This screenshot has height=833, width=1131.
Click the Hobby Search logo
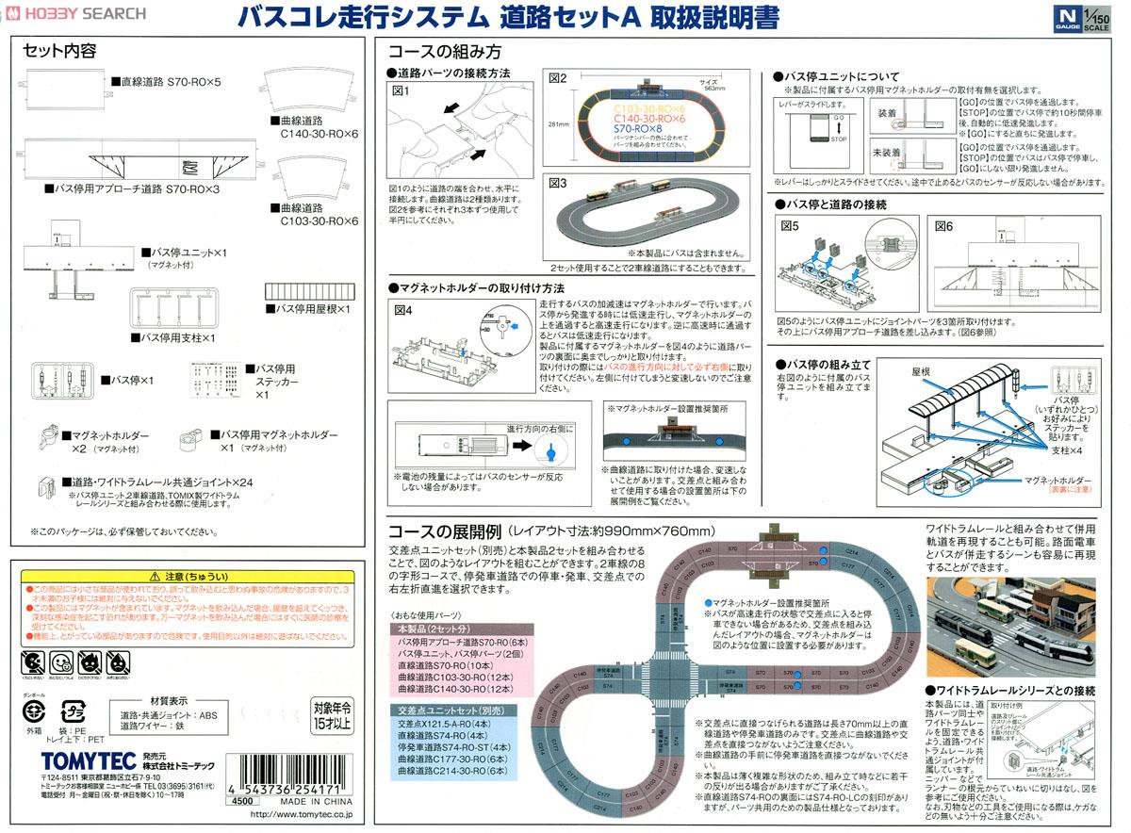pyautogui.click(x=75, y=13)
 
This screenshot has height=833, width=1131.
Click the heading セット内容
pyautogui.click(x=59, y=50)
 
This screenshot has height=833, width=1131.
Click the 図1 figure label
pyautogui.click(x=402, y=90)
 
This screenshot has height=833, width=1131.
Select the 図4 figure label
pyautogui.click(x=402, y=309)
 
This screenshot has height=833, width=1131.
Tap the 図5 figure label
pyautogui.click(x=789, y=226)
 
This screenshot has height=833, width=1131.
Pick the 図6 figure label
pyautogui.click(x=944, y=226)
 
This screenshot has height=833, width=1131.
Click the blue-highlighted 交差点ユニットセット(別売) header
pyautogui.click(x=445, y=712)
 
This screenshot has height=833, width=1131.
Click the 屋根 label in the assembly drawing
pyautogui.click(x=921, y=371)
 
